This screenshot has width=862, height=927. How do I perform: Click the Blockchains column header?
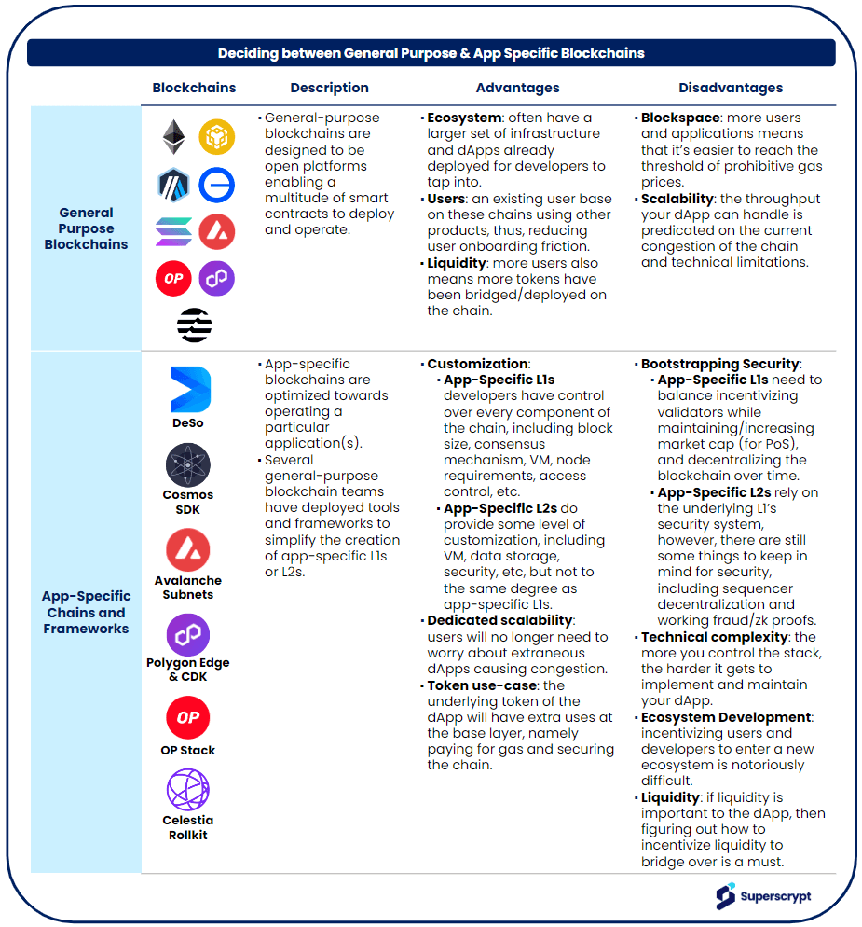194,88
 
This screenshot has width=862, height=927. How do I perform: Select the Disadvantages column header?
730,88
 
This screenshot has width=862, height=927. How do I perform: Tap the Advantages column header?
517,88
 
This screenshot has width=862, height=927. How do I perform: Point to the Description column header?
329,88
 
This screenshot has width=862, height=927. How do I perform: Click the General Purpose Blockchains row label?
86,228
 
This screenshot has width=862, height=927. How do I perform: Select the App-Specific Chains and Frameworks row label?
86,612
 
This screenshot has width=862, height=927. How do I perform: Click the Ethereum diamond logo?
173,138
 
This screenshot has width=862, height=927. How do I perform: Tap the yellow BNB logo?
217,138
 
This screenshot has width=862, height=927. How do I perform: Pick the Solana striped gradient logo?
173,231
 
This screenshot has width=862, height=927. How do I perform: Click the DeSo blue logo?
190,390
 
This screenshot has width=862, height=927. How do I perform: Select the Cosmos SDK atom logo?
188,465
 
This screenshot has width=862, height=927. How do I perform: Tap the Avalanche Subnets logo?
188,550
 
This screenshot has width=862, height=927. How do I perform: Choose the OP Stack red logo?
188,717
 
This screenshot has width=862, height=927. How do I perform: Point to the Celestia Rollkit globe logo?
188,790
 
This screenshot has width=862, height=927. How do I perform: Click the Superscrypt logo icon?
725,896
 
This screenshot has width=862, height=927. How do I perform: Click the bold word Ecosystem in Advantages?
462,118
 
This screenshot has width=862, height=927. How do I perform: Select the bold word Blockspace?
680,118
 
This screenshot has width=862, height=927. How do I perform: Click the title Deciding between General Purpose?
431,53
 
